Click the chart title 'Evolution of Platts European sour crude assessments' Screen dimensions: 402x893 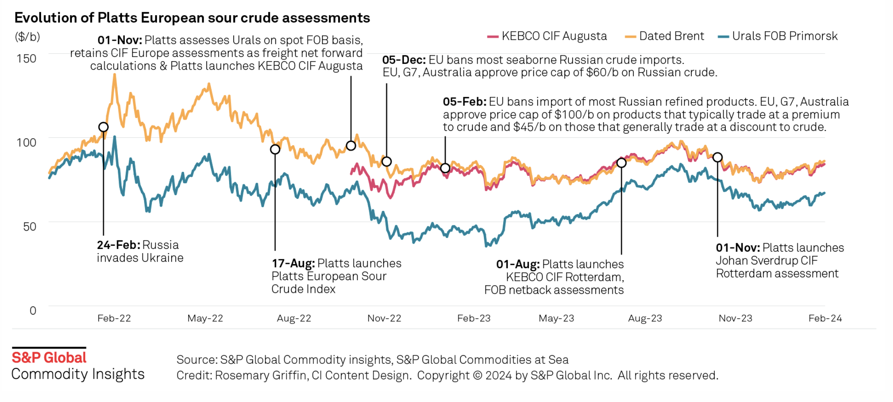click(192, 18)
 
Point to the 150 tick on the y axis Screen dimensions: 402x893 click(26, 59)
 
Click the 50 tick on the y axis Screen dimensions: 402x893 click(30, 226)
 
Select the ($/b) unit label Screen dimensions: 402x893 click(27, 37)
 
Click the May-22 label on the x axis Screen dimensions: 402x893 click(205, 318)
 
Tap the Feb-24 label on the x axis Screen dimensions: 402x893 click(825, 318)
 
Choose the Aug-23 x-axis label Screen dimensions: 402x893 click(645, 318)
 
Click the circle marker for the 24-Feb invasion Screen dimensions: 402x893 click(104, 127)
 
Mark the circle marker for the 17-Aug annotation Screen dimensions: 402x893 click(275, 149)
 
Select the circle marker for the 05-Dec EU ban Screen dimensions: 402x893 click(387, 162)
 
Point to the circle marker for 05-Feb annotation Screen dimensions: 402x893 click(445, 168)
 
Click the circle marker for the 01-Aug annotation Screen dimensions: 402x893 click(621, 163)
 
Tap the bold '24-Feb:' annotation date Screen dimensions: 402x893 click(118, 245)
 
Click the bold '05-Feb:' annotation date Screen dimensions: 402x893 click(464, 102)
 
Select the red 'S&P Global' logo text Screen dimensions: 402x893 click(49, 357)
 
